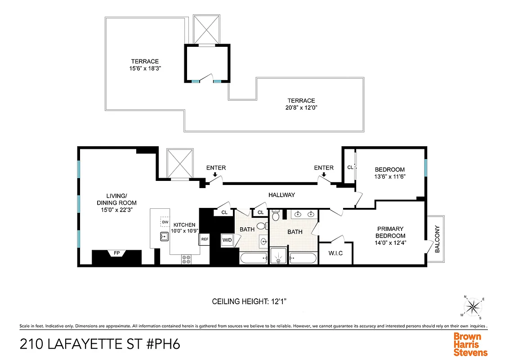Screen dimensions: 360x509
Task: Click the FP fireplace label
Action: [x=117, y=253]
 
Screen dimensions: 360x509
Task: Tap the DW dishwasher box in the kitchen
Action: [x=165, y=221]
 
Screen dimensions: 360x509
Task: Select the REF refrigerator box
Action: [x=205, y=239]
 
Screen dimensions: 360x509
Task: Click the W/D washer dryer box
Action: [x=227, y=240]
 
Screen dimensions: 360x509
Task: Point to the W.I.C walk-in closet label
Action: [x=335, y=253]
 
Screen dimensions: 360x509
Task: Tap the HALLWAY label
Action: [x=281, y=195]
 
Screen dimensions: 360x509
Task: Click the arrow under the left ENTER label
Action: [x=215, y=175]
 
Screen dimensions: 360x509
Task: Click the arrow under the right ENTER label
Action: [x=323, y=175]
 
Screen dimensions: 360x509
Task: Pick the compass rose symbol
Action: [x=473, y=307]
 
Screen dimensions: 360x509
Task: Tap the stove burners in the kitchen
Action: [x=186, y=259]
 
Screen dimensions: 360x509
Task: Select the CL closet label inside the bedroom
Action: [x=350, y=167]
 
